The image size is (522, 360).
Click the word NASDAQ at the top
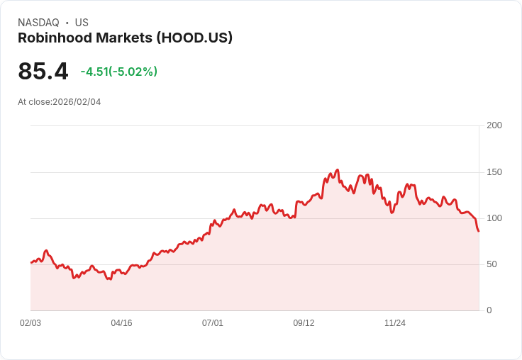pyautogui.click(x=38, y=23)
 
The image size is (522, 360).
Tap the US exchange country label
pyautogui.click(x=82, y=23)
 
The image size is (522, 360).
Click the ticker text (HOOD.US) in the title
pyautogui.click(x=191, y=38)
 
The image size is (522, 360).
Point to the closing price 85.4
pyautogui.click(x=43, y=71)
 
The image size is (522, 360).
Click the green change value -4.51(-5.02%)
pyautogui.click(x=119, y=72)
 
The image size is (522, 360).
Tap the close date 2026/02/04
pyautogui.click(x=77, y=102)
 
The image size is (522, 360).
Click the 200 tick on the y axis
pyautogui.click(x=494, y=125)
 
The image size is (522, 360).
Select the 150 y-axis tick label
pyautogui.click(x=494, y=172)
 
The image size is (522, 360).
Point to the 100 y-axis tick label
pyautogui.click(x=494, y=218)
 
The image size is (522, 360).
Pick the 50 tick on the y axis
pyautogui.click(x=492, y=264)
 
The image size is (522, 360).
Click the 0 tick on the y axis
pyautogui.click(x=489, y=310)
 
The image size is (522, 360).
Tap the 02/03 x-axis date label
pyautogui.click(x=30, y=323)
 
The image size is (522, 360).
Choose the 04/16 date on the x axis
pyautogui.click(x=121, y=323)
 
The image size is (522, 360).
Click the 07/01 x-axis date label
pyautogui.click(x=213, y=323)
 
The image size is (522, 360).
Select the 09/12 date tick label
pyautogui.click(x=304, y=323)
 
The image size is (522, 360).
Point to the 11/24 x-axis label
pyautogui.click(x=395, y=323)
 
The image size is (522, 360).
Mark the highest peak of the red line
pyautogui.click(x=338, y=170)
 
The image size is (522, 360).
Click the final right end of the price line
pyautogui.click(x=479, y=231)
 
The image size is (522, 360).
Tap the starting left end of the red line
pyautogui.click(x=31, y=263)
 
